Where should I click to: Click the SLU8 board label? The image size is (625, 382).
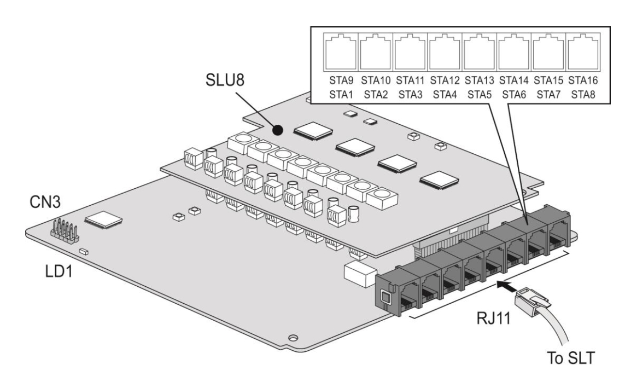225,80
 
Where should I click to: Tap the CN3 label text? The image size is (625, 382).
45,202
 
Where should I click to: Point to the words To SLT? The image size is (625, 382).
571,358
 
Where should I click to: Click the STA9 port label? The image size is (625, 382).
341,80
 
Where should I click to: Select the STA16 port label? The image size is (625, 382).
583,80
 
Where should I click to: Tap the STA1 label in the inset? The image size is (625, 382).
341,95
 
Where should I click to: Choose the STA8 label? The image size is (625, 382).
583,95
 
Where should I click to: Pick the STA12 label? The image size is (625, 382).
445,80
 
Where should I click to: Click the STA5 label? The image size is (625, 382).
480,95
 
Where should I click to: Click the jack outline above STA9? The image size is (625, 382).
341,52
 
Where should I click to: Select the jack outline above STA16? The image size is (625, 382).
583,52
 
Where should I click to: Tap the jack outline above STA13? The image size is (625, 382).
480,52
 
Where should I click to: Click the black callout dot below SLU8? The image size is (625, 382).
278,130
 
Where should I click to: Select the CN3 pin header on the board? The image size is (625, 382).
65,231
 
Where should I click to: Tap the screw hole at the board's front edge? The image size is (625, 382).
293,338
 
